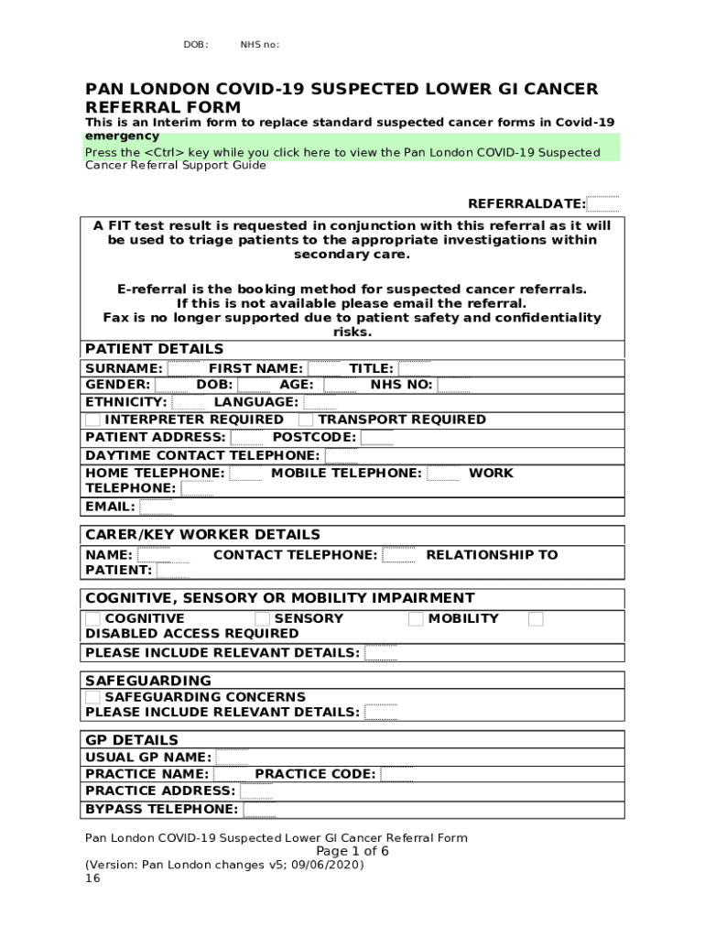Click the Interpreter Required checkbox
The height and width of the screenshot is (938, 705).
92,420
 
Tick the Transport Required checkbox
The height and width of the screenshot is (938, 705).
306,420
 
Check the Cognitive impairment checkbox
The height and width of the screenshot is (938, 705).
92,619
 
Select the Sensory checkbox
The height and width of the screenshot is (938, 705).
262,619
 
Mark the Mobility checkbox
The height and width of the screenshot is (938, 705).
416,619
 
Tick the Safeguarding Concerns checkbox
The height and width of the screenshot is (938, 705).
92,697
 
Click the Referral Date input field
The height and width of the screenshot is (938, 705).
602,204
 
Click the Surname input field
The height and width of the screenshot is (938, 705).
183,368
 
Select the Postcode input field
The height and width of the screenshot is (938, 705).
376,438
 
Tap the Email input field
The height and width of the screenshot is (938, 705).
156,507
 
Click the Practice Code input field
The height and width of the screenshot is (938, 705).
396,775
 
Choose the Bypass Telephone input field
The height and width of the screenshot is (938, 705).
259,810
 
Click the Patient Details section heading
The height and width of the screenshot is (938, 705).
154,349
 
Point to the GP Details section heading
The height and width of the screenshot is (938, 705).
132,740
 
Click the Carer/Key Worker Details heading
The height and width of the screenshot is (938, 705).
202,534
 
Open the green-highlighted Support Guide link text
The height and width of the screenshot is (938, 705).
342,152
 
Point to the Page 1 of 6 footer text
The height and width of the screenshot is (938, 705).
352,851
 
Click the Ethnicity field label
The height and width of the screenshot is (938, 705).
125,402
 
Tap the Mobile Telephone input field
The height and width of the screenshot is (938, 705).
444,474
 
